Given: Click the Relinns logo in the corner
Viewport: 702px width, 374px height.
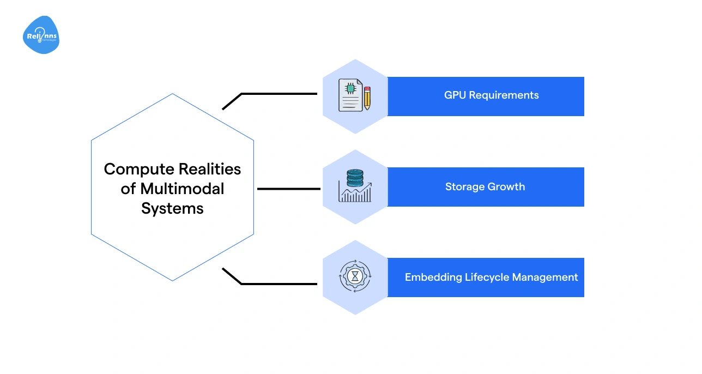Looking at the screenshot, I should point(41,35).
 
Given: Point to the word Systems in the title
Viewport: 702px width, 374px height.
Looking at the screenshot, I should point(172,208).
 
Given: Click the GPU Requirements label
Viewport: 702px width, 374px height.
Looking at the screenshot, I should point(491,95).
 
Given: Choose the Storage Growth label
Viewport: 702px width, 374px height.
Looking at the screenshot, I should point(485,187).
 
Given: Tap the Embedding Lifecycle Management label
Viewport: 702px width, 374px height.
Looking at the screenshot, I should point(491,278).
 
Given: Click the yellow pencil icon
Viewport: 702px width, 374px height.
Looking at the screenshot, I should point(367,98).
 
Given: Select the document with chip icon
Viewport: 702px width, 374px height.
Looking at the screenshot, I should point(350,95).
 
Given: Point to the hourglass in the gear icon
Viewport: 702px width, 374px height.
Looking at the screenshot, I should point(355,277).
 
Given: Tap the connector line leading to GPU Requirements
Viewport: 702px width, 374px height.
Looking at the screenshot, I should point(278,94).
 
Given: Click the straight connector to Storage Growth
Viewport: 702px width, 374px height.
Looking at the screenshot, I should point(288,189).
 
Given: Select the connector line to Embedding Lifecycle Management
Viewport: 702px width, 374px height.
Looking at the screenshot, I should point(278,283).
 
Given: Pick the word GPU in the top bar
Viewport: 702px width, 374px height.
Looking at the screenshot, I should point(455,95).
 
